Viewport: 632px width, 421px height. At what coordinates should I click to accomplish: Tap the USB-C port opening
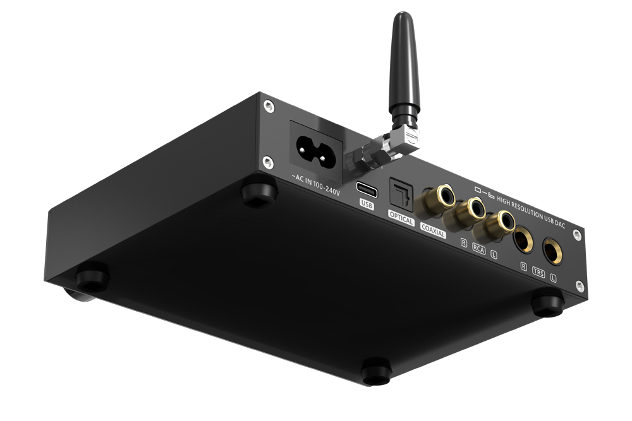(367, 188)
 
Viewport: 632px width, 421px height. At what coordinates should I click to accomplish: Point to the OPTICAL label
(401, 222)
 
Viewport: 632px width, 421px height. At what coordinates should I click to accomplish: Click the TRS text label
(538, 273)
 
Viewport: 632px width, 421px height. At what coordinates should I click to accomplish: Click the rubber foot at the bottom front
(375, 371)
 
